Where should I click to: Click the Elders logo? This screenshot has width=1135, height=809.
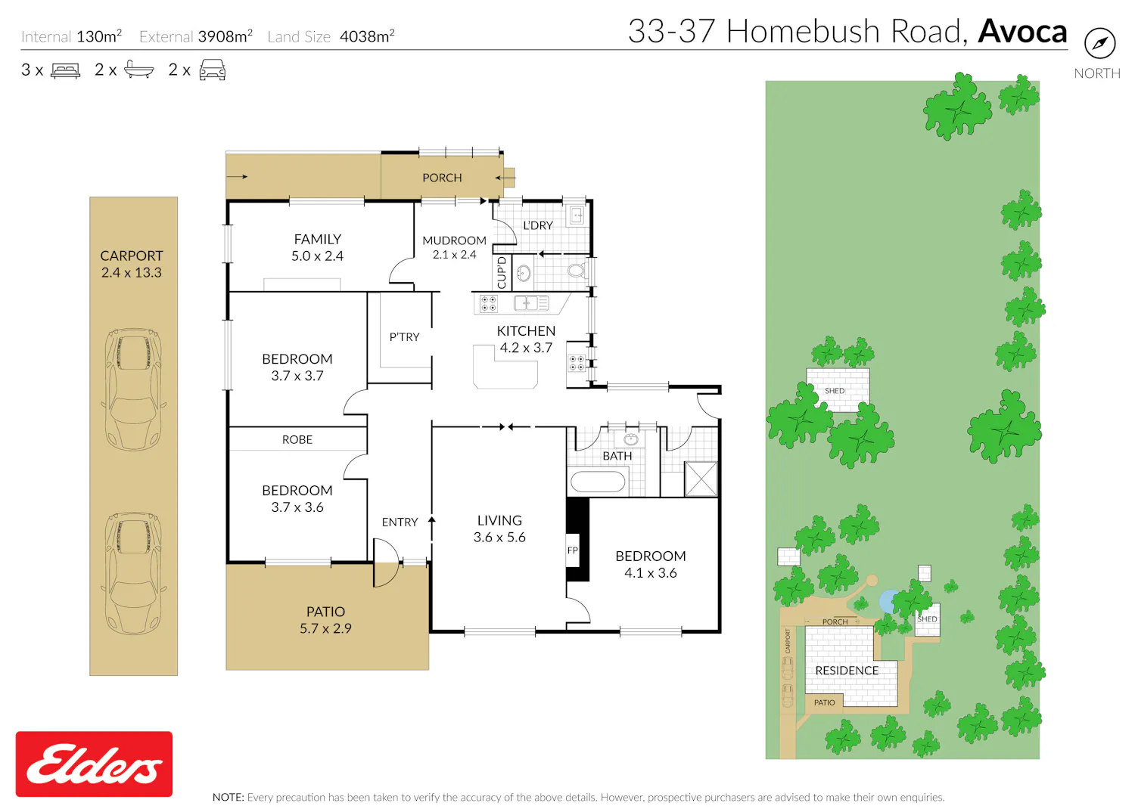(94, 764)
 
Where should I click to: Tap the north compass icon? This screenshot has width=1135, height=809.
(1099, 43)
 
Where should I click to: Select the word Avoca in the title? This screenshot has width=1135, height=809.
(1022, 32)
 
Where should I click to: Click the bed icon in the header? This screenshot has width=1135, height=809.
(65, 70)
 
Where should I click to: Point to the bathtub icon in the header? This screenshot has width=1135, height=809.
(138, 70)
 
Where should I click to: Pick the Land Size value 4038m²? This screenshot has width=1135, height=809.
(367, 36)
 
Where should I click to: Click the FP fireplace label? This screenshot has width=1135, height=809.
(572, 550)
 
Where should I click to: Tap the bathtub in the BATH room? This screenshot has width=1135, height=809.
(598, 482)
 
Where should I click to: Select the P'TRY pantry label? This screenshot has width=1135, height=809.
(404, 337)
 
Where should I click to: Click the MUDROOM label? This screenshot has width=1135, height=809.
(454, 240)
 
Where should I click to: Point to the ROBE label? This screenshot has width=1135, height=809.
(297, 439)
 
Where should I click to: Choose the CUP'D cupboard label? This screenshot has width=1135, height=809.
(502, 272)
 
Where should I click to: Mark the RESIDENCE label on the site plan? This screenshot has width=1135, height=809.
(847, 671)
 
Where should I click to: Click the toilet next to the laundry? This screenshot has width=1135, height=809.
(577, 271)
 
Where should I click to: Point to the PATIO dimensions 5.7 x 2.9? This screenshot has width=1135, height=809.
(326, 628)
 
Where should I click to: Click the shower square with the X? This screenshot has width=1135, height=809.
(701, 479)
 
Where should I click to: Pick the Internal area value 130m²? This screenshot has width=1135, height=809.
(99, 36)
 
